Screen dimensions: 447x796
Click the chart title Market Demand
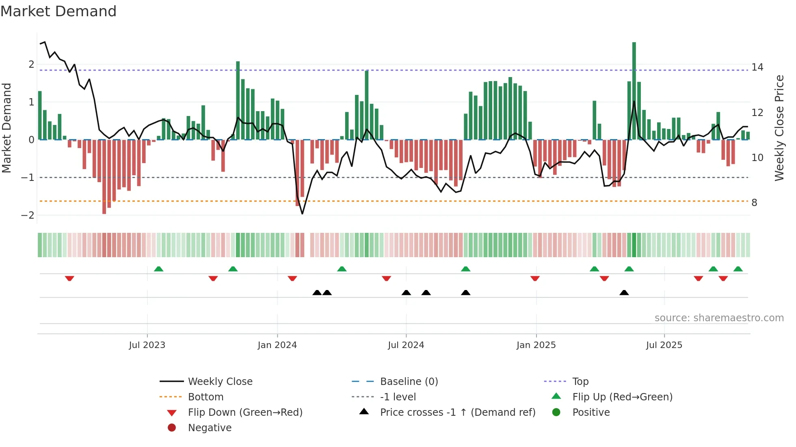click(58, 11)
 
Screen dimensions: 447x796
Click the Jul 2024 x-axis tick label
click(406, 345)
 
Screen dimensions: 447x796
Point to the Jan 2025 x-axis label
click(536, 345)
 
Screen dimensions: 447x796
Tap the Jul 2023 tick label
click(147, 345)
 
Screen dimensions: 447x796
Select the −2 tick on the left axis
click(28, 215)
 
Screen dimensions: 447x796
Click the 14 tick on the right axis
click(757, 67)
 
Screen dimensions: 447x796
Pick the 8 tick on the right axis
click(754, 202)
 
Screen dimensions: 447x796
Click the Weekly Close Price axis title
click(779, 128)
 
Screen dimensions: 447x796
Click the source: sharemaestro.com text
click(719, 318)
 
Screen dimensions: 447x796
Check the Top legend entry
click(580, 381)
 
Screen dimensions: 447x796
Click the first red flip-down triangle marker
click(69, 278)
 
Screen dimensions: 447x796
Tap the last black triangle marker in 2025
click(624, 292)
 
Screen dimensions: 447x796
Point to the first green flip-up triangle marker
click(159, 269)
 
